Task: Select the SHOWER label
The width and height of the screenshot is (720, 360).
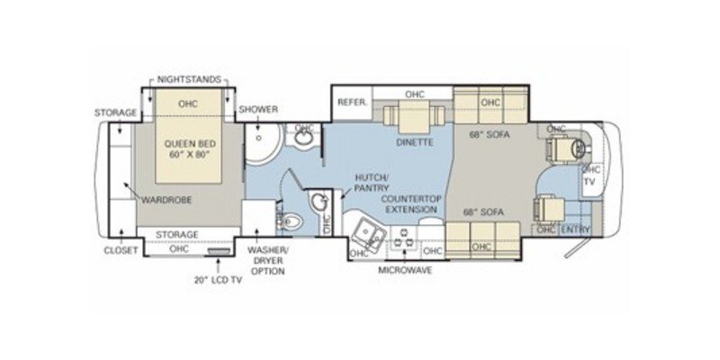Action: pyautogui.click(x=258, y=110)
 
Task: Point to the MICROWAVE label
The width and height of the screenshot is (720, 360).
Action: pyautogui.click(x=403, y=269)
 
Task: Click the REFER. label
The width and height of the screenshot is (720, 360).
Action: pyautogui.click(x=351, y=103)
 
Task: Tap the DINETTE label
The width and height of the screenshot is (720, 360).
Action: pyautogui.click(x=415, y=142)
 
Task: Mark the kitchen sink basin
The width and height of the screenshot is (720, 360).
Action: pyautogui.click(x=368, y=233)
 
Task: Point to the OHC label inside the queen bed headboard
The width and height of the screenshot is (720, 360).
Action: pyautogui.click(x=187, y=103)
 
